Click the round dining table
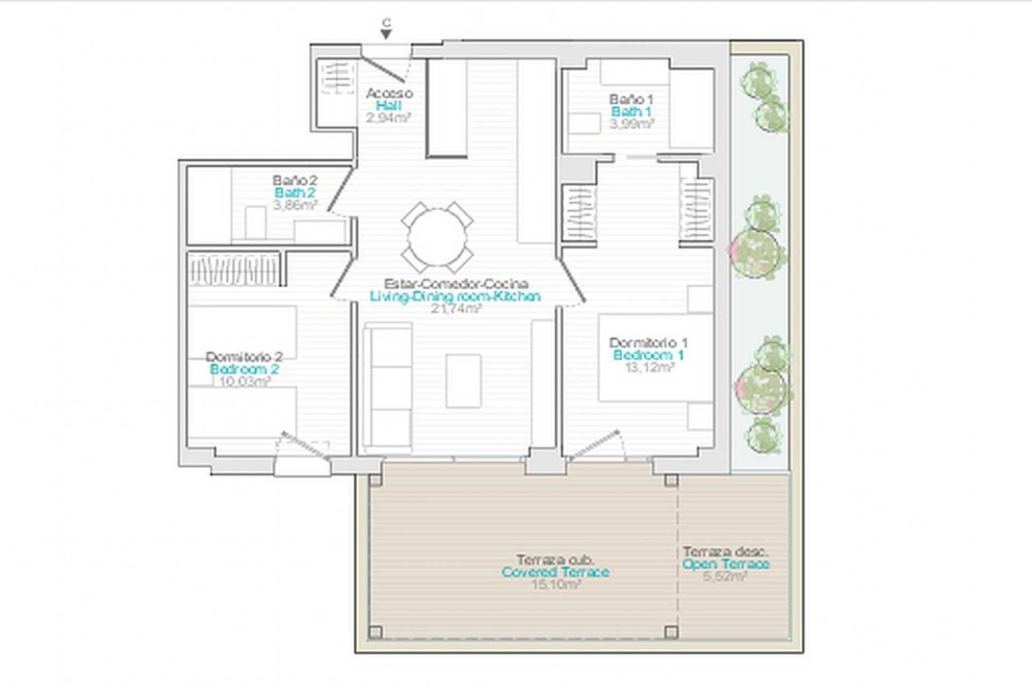[x=437, y=237]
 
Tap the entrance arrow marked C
[x=386, y=34]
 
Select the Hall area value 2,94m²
[x=389, y=118]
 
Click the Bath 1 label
[x=631, y=112]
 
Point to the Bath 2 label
[x=295, y=192]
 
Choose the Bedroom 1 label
[x=648, y=355]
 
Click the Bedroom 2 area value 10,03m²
[x=245, y=381]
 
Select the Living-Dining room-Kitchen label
[x=455, y=296]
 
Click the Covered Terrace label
[x=555, y=572]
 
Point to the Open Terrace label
[x=726, y=564]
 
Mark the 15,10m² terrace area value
[x=556, y=584]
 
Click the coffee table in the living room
[x=463, y=381]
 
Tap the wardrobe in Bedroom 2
[x=233, y=269]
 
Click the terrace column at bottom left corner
[x=376, y=632]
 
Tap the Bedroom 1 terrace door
[x=594, y=445]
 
